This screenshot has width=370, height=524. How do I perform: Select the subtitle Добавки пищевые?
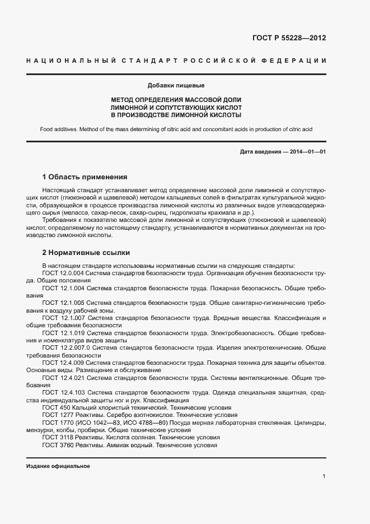click(x=176, y=86)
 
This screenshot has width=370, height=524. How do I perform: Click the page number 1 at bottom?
click(x=324, y=476)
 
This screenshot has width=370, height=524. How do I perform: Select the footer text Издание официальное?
click(x=58, y=466)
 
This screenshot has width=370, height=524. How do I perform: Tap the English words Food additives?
click(x=58, y=129)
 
